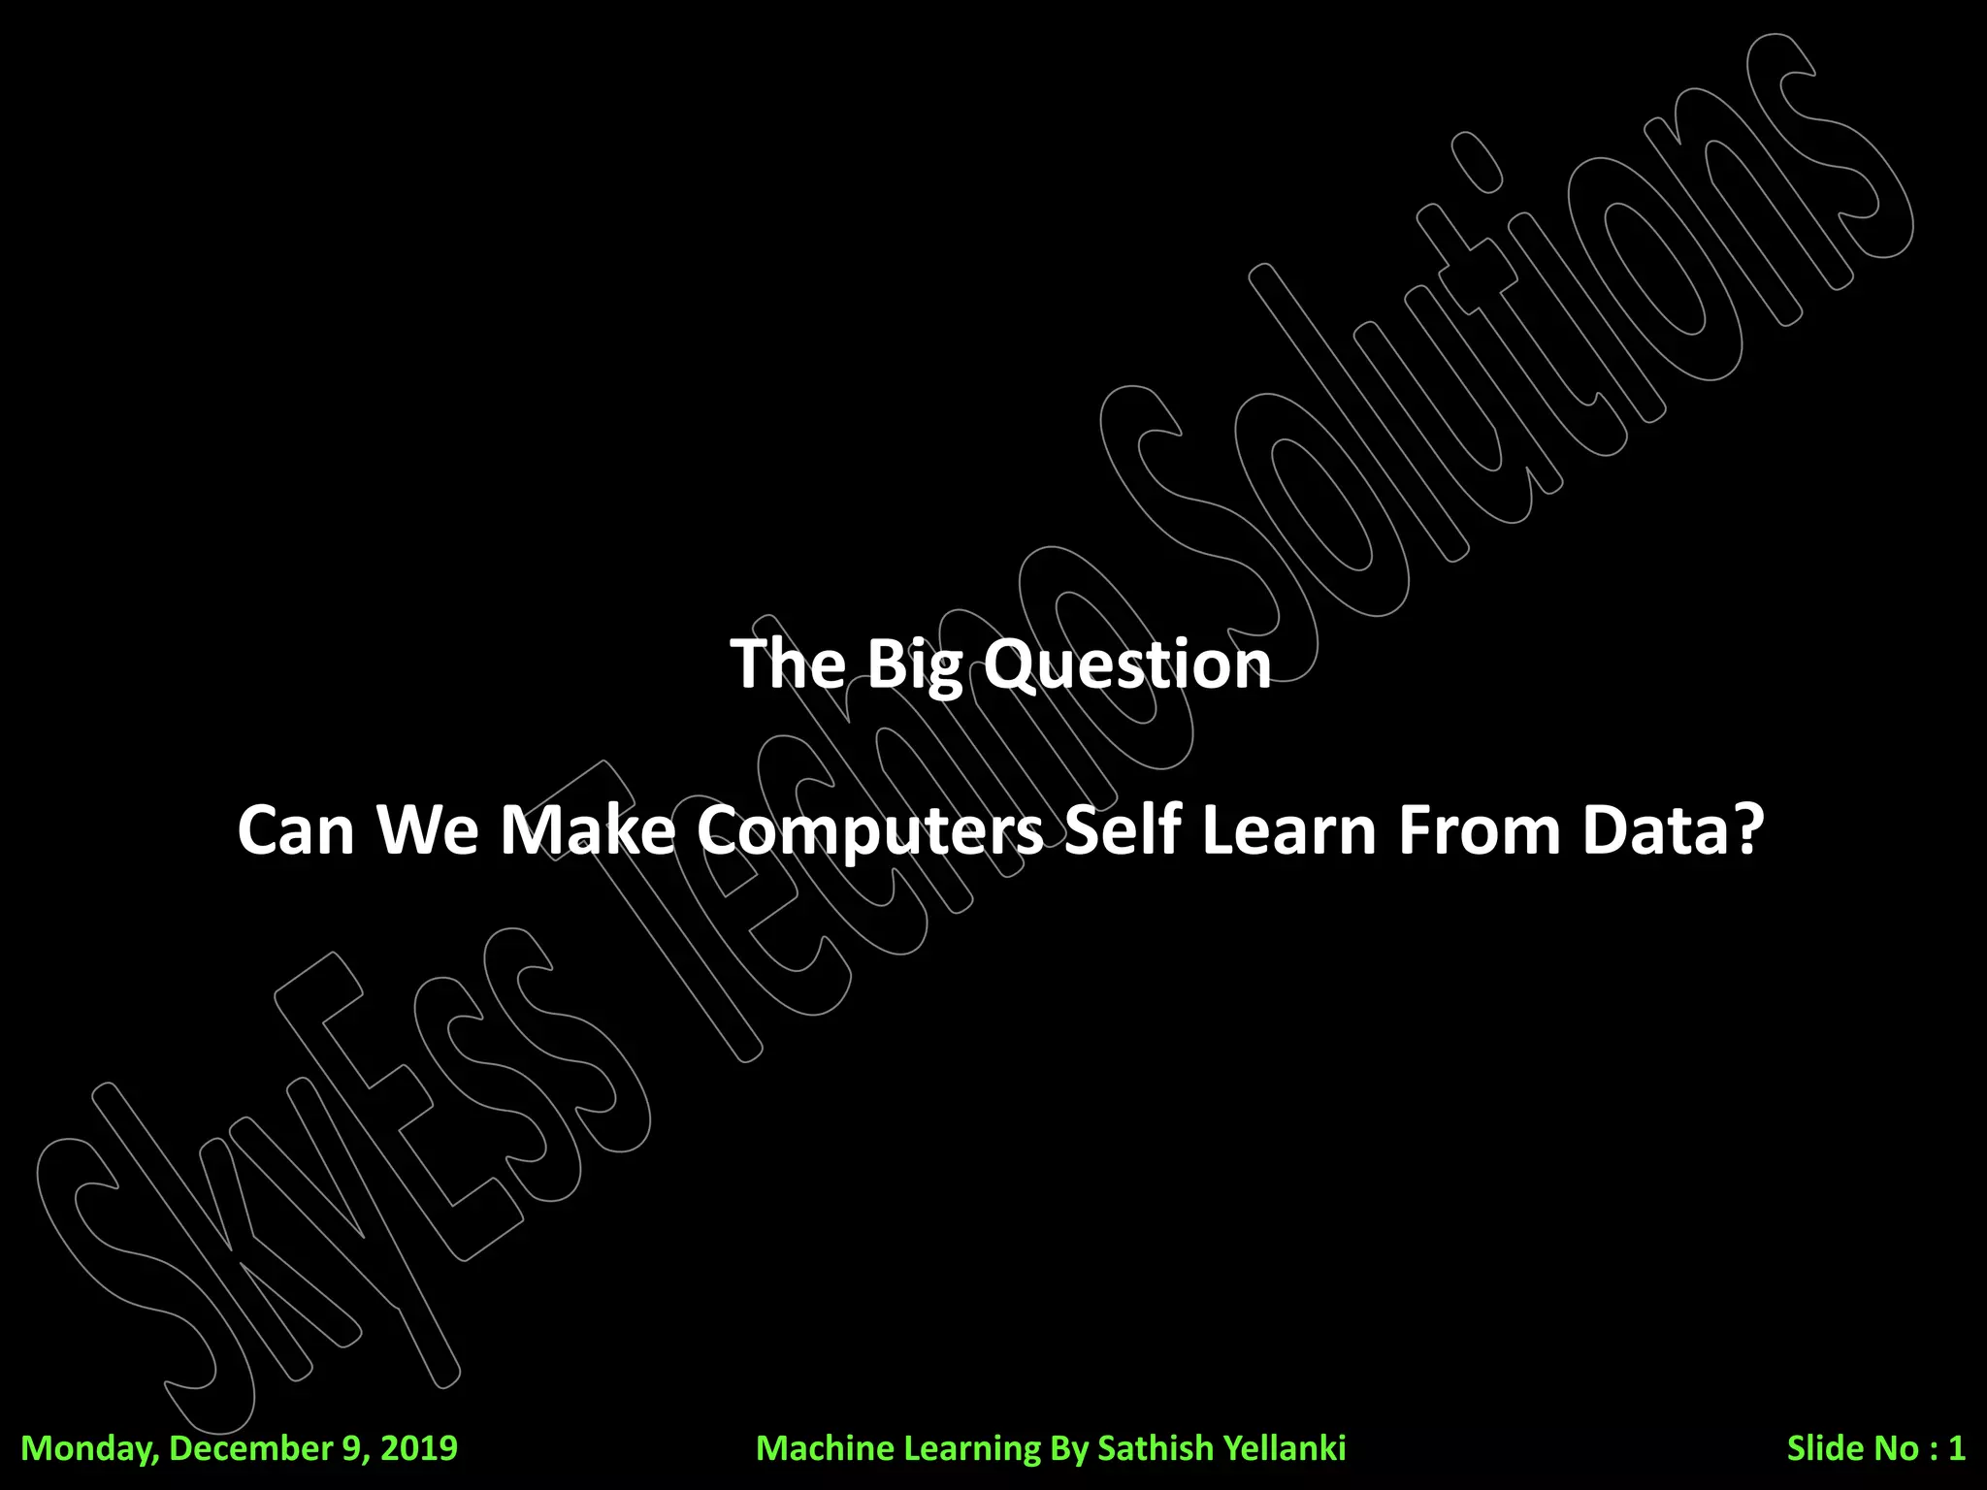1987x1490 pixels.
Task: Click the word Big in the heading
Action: click(915, 666)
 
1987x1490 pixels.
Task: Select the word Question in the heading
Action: click(1126, 666)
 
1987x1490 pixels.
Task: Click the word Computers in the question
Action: click(870, 831)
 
